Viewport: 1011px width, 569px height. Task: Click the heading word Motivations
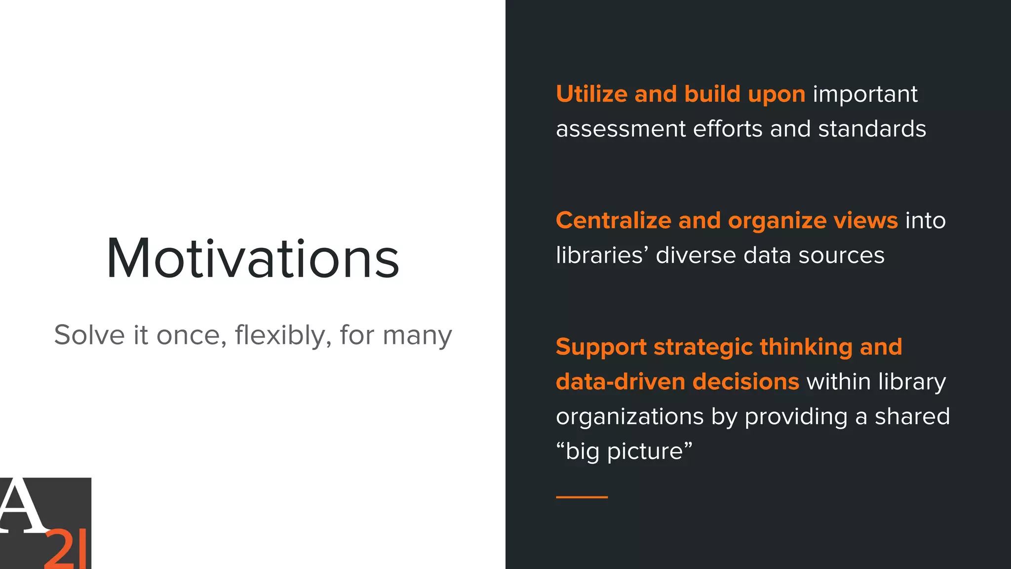click(x=253, y=259)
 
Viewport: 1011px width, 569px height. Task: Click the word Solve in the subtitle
click(x=89, y=335)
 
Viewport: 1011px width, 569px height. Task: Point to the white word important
click(x=865, y=94)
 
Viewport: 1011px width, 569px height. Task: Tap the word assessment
click(x=621, y=129)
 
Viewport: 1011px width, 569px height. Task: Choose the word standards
click(x=872, y=129)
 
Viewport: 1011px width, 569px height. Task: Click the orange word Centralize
click(x=613, y=220)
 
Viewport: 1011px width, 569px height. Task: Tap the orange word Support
click(x=601, y=347)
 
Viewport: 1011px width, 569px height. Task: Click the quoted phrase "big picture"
click(x=624, y=451)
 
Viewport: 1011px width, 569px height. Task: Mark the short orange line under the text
click(x=582, y=497)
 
